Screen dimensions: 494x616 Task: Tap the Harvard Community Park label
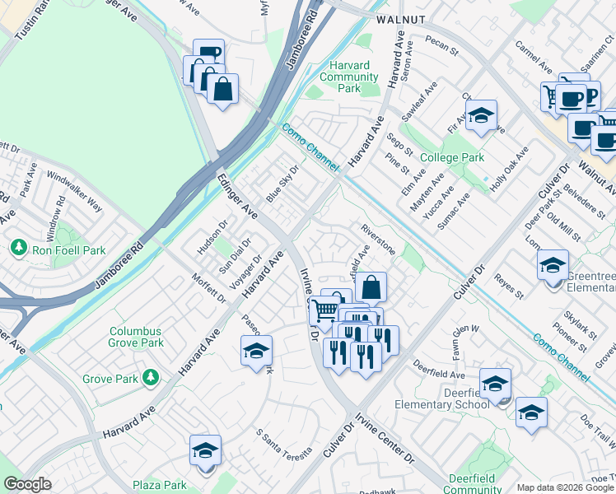348,77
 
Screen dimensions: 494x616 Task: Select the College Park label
451,157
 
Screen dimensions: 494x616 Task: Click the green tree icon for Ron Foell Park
17,247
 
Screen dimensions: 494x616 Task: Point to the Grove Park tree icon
150,378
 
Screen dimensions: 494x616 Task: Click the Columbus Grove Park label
137,337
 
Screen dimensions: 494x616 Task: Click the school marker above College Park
481,115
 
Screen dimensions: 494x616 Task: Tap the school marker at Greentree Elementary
552,265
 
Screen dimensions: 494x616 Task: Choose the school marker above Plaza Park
205,450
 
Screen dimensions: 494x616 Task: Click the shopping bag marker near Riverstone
371,287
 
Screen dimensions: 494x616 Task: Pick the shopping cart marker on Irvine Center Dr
324,309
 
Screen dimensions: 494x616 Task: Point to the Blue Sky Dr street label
281,184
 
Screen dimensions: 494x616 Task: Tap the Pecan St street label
441,44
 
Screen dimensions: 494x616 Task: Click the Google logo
28,484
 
